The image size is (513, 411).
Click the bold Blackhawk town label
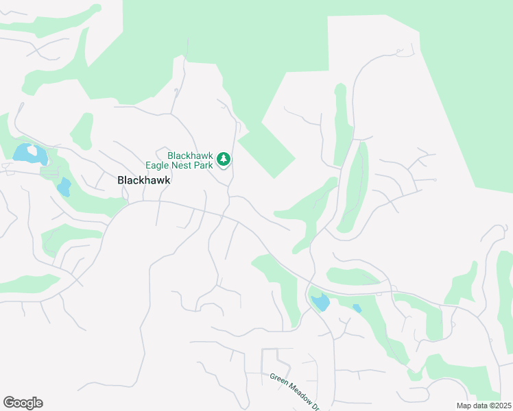[143, 180]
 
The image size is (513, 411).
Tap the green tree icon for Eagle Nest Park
[224, 160]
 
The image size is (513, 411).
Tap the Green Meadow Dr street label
[295, 391]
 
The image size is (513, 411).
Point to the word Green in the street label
[278, 379]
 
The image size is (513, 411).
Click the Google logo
[23, 403]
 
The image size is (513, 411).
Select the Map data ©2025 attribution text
[484, 406]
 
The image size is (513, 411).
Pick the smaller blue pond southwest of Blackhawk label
[63, 186]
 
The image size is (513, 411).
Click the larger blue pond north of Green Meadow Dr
[320, 302]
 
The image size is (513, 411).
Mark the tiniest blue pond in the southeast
[357, 309]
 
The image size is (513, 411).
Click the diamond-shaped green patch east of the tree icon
[266, 150]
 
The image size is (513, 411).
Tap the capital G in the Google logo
[9, 403]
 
